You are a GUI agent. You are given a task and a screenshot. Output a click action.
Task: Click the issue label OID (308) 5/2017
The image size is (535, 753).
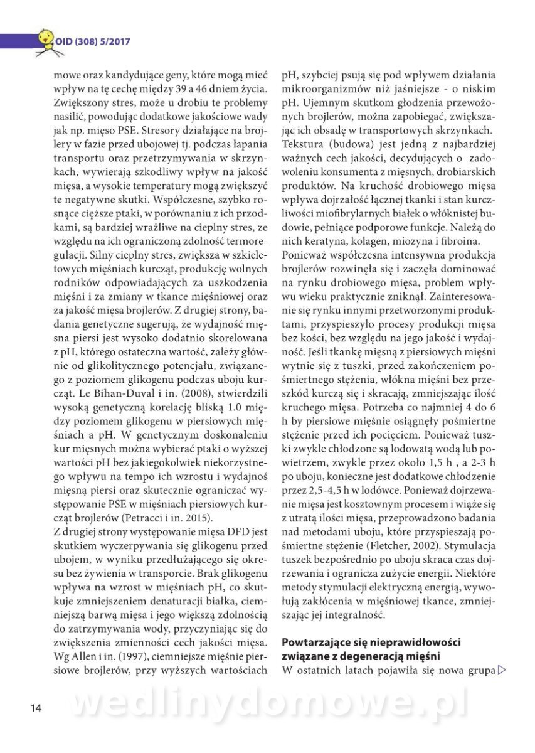pos(93,42)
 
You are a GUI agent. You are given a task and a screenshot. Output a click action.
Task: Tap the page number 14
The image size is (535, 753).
pos(36,708)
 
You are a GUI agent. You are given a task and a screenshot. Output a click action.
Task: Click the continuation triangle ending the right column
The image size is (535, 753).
pos(501,671)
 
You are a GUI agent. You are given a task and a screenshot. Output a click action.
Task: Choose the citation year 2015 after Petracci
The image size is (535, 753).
pos(199,518)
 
